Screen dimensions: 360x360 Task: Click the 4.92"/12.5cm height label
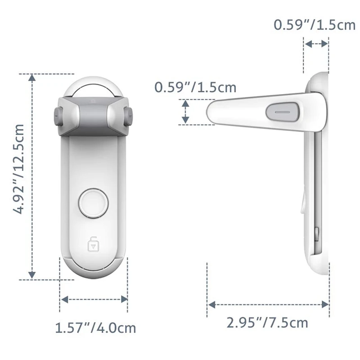pos(18,169)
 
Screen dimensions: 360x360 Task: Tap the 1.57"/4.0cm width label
pos(95,328)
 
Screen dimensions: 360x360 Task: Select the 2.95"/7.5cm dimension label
pos(267,323)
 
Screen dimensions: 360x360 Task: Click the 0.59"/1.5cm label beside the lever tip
pos(195,87)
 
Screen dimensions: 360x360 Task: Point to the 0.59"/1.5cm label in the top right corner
pos(315,25)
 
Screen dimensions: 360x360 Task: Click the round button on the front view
pos(94,203)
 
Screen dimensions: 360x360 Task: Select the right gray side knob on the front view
pos(128,117)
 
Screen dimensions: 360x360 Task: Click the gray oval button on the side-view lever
pos(283,112)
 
